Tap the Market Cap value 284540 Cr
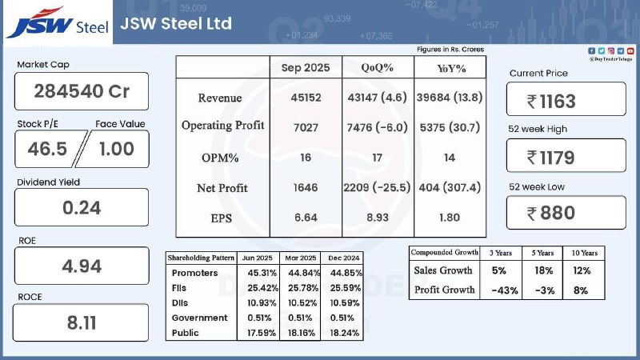click(x=82, y=90)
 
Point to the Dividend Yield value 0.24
click(x=82, y=207)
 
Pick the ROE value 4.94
click(x=82, y=266)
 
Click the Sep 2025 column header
click(x=305, y=67)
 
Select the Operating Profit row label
click(x=222, y=126)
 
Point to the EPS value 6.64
click(x=305, y=218)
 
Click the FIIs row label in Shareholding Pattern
click(x=182, y=288)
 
